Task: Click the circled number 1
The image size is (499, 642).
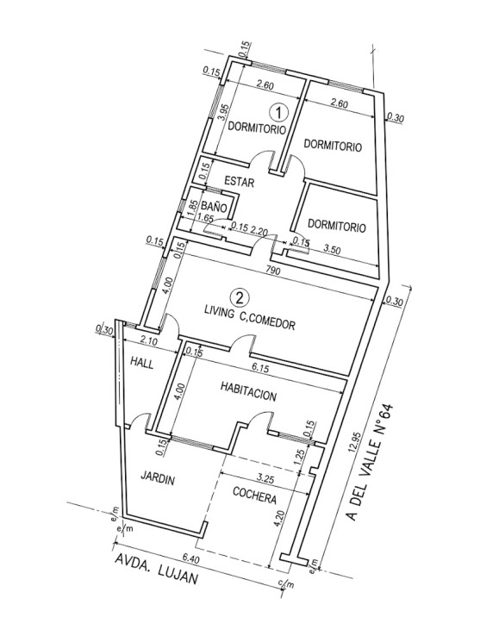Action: (278, 112)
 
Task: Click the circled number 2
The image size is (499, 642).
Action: (240, 297)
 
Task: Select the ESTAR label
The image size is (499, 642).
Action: (240, 181)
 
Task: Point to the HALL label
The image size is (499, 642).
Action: (141, 362)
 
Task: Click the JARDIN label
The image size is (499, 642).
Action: (158, 477)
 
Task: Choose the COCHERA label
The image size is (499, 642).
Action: (254, 495)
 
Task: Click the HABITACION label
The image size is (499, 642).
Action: (248, 391)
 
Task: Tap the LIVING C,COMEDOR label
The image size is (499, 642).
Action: (250, 320)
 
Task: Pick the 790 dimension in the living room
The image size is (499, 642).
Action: (272, 271)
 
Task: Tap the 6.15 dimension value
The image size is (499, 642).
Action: (260, 369)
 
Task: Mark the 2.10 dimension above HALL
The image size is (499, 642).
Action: (147, 340)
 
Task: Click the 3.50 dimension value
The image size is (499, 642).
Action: (332, 250)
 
